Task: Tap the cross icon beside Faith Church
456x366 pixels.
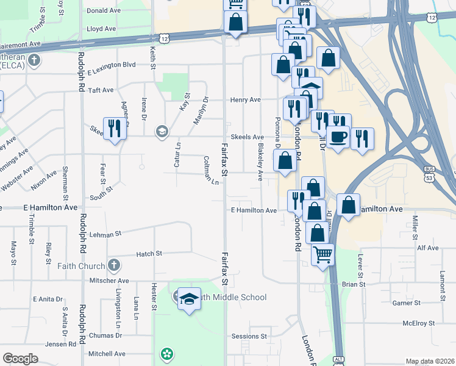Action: coord(113,265)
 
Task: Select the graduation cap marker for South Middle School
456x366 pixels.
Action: coord(189,298)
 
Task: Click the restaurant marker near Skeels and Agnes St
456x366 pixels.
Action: coord(114,128)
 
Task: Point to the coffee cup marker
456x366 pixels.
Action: coord(338,137)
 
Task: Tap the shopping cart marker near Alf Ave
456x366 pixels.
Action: coord(322,254)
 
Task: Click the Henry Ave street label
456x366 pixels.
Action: coord(245,99)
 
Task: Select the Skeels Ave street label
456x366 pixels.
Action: coord(246,137)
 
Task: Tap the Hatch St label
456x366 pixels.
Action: coord(149,253)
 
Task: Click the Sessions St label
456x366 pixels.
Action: coord(249,336)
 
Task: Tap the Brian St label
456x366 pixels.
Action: coord(353,284)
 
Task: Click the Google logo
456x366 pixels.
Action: coord(20,359)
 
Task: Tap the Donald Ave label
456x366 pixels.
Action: coord(104,10)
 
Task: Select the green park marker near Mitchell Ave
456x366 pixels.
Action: coord(166,354)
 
